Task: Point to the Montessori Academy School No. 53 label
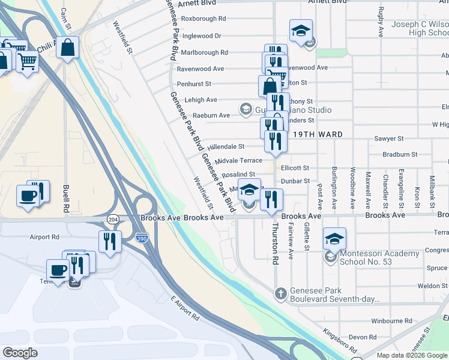[379, 257]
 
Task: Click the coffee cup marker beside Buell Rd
[28, 196]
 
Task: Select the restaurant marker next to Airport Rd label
[110, 241]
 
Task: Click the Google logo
[20, 353]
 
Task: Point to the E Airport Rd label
[184, 307]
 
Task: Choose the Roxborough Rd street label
[203, 19]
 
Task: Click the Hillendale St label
[226, 146]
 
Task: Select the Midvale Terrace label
[238, 161]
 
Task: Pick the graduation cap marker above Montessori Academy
[334, 238]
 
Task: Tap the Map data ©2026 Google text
[412, 355]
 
